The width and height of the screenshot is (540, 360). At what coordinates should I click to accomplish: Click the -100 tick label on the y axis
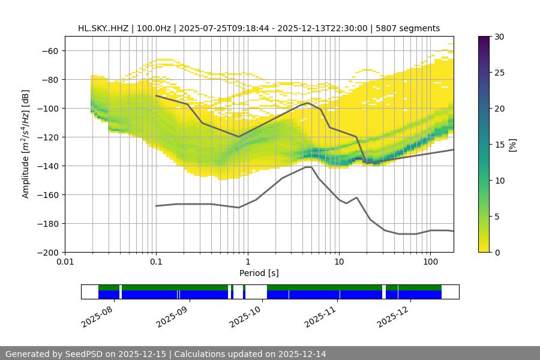[47, 109]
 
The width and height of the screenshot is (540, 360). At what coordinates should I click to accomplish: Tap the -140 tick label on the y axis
[47, 166]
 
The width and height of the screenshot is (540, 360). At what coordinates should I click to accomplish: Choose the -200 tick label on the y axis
[47, 253]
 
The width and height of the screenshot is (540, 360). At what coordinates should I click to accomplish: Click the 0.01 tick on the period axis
[65, 262]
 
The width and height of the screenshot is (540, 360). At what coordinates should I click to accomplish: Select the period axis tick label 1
[247, 262]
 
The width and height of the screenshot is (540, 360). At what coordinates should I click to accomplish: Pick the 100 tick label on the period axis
[430, 262]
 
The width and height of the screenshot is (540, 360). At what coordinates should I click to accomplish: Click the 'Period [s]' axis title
[259, 273]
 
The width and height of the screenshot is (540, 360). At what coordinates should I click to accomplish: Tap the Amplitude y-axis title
[26, 145]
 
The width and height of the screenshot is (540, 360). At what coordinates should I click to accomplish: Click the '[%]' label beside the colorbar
[512, 145]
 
